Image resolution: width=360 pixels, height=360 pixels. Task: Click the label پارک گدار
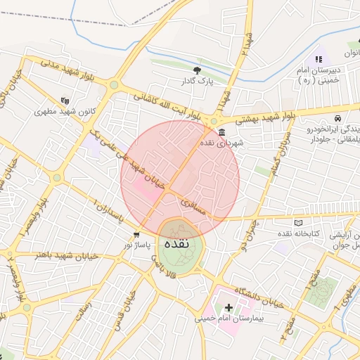tap(197, 81)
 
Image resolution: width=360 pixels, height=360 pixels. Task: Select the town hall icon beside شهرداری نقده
tap(221, 132)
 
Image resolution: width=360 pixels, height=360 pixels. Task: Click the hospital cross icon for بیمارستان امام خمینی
tap(229, 307)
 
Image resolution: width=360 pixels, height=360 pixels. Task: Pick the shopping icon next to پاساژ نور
tap(136, 234)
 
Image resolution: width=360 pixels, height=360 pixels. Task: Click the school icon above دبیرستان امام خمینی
tap(318, 60)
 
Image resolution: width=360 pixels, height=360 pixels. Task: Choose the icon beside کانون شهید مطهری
tap(65, 101)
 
